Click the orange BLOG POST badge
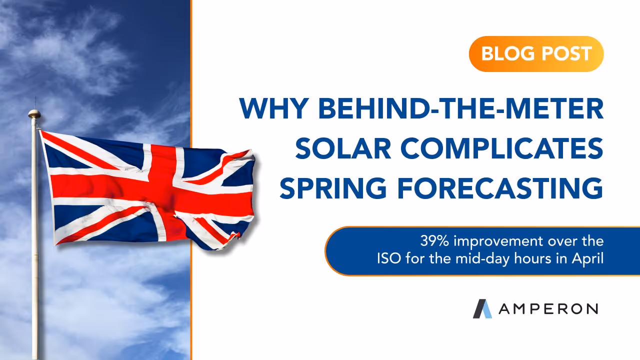[x=536, y=54]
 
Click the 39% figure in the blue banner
[x=432, y=241]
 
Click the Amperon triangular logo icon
[x=482, y=308]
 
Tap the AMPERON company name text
[x=548, y=309]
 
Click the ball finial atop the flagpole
[x=33, y=113]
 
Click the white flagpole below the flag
[x=35, y=300]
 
